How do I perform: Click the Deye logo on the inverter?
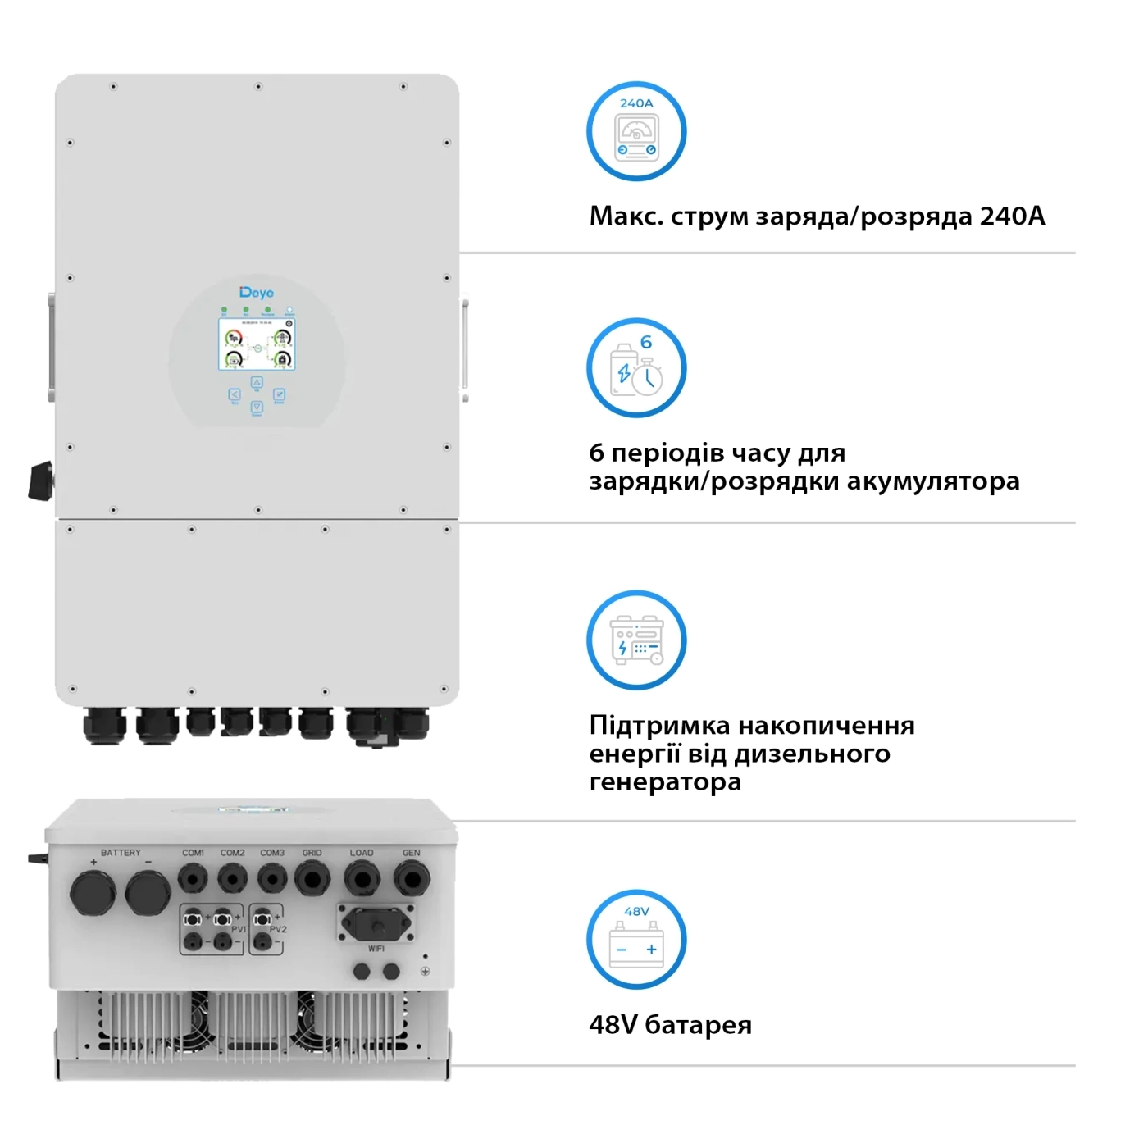(257, 293)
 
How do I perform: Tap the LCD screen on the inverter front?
(257, 344)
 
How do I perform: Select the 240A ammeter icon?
(636, 131)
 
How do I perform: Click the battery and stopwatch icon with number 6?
(636, 368)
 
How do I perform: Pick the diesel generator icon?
(636, 640)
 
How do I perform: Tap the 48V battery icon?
(636, 940)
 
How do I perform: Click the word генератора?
(665, 782)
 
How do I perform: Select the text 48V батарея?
(670, 1025)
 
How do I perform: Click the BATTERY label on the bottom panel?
(121, 853)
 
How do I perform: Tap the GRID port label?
(312, 853)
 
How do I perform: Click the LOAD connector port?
(362, 880)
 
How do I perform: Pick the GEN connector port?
(411, 880)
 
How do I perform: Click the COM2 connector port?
(232, 880)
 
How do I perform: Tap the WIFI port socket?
(377, 924)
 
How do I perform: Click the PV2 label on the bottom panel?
(278, 929)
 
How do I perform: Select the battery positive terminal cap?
(93, 892)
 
